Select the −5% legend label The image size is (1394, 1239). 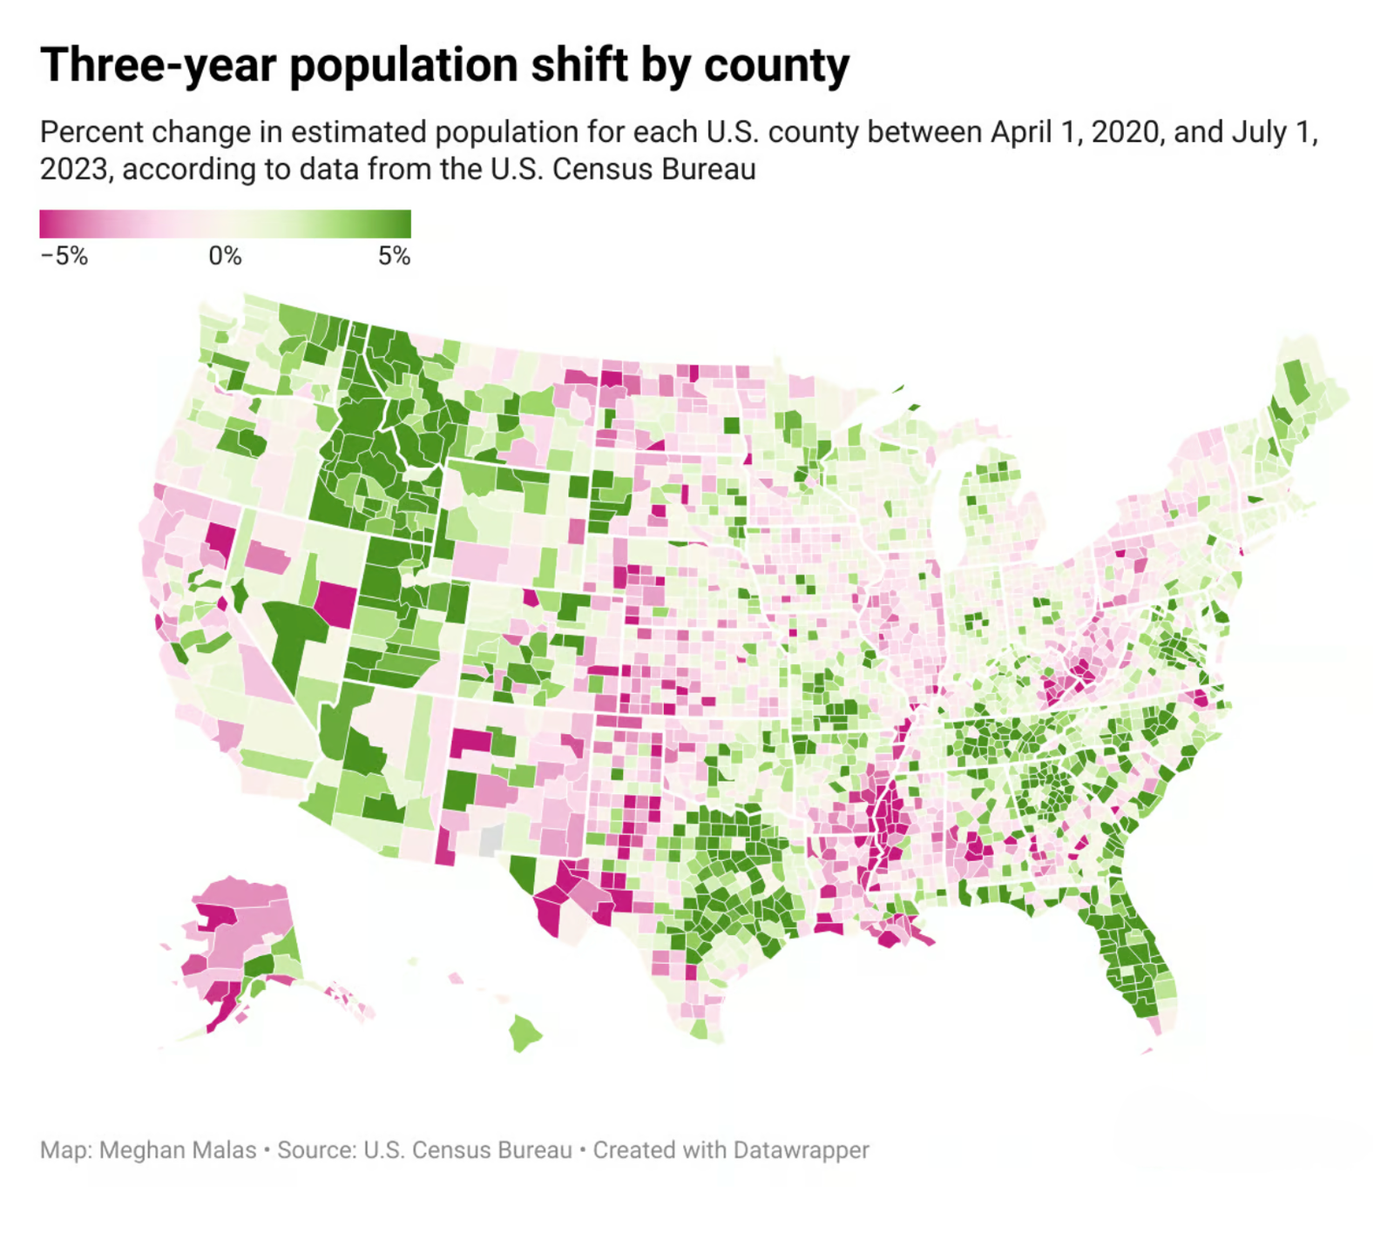(x=64, y=256)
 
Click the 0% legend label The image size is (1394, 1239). (x=225, y=256)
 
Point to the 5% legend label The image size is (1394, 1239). (x=394, y=256)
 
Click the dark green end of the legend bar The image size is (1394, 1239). (x=401, y=224)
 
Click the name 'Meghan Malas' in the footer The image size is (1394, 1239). (x=178, y=1150)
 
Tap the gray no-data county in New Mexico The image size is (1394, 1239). (x=491, y=840)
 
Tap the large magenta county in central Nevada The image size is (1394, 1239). (x=336, y=603)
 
